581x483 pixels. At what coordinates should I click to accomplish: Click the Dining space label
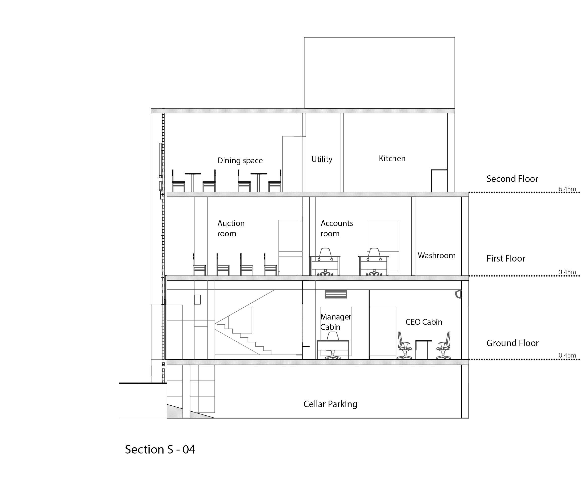pyautogui.click(x=240, y=160)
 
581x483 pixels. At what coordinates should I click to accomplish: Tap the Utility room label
pyautogui.click(x=322, y=159)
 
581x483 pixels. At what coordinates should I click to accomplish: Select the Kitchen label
pyautogui.click(x=392, y=158)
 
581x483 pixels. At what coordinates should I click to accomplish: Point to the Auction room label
pyautogui.click(x=231, y=228)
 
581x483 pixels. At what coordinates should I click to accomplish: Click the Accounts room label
pyautogui.click(x=336, y=228)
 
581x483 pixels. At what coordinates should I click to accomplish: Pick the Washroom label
pyautogui.click(x=437, y=255)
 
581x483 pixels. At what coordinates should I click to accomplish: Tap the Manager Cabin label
pyautogui.click(x=335, y=322)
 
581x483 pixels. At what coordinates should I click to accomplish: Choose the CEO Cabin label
pyautogui.click(x=424, y=322)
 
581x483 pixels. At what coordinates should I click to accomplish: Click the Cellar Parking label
pyautogui.click(x=330, y=404)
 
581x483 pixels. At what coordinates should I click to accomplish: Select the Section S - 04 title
pyautogui.click(x=160, y=449)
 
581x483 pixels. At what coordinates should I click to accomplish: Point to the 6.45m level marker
pyautogui.click(x=567, y=189)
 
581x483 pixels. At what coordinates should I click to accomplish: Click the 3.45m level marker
pyautogui.click(x=567, y=272)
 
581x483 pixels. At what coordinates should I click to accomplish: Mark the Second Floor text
pyautogui.click(x=512, y=179)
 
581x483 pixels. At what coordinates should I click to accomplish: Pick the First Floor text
pyautogui.click(x=506, y=259)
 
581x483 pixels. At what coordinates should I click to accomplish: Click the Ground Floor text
pyautogui.click(x=512, y=343)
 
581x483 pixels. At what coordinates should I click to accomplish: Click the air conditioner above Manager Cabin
pyautogui.click(x=336, y=294)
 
